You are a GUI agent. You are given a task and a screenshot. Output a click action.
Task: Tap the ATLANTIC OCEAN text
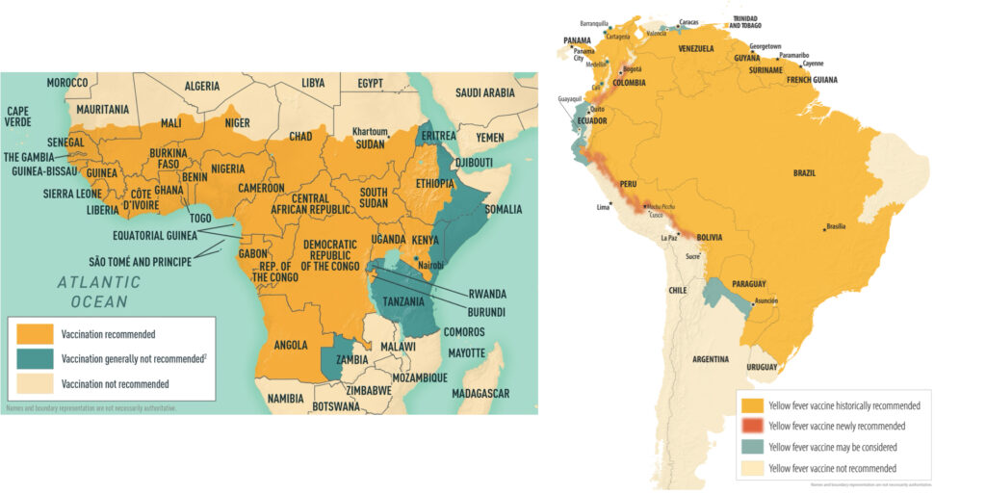point(98,292)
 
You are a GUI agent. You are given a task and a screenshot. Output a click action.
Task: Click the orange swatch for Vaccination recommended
point(37,335)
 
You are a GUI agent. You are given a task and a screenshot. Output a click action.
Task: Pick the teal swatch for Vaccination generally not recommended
point(37,360)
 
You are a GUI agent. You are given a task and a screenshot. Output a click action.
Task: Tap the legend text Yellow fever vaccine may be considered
point(833,447)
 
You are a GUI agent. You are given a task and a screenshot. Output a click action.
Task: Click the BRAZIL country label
point(804,172)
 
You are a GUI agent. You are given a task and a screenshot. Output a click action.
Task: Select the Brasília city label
point(836,226)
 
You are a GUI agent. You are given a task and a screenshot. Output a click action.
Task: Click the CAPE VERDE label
point(22,117)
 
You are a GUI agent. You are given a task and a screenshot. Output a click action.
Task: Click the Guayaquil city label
point(571,99)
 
